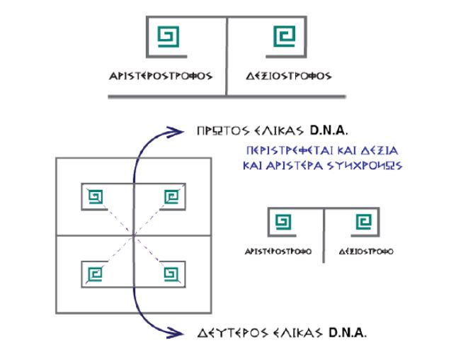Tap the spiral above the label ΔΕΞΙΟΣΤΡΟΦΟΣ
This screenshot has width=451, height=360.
pos(282,36)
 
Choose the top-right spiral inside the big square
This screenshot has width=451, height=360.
pos(170,196)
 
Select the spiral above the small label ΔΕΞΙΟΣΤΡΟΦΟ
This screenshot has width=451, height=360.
pos(362,224)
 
